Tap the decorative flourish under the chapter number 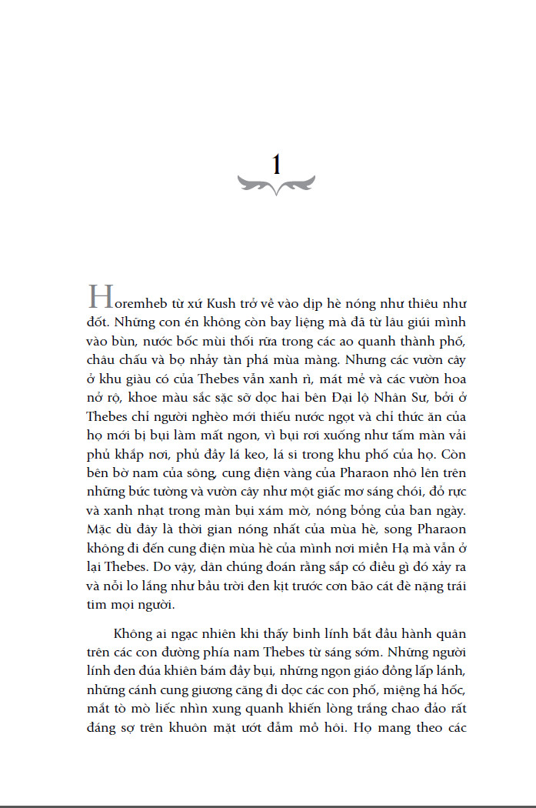276,185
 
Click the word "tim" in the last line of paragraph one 97,606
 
